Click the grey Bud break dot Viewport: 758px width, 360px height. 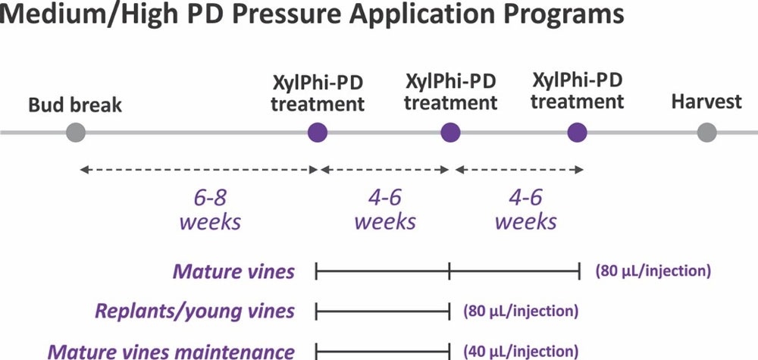(x=76, y=133)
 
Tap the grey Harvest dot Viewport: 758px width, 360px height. (x=706, y=133)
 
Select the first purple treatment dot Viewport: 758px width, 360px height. (x=318, y=133)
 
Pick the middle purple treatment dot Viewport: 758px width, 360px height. (x=450, y=133)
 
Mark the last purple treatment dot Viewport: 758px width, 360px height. (x=577, y=133)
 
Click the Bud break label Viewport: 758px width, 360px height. (x=75, y=105)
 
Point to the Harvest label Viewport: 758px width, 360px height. (x=706, y=102)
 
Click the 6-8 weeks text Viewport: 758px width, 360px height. (x=210, y=211)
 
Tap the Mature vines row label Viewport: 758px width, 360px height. (x=234, y=271)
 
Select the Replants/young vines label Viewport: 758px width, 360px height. (x=196, y=311)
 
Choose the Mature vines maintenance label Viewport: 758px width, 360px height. (x=172, y=351)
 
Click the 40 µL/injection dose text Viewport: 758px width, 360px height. (x=521, y=351)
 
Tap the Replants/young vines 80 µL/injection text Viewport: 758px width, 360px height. (x=521, y=311)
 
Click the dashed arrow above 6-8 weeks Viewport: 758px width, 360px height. (x=199, y=170)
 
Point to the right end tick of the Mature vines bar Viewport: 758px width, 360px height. (x=579, y=271)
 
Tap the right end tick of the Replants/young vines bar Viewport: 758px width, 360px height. (x=449, y=311)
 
